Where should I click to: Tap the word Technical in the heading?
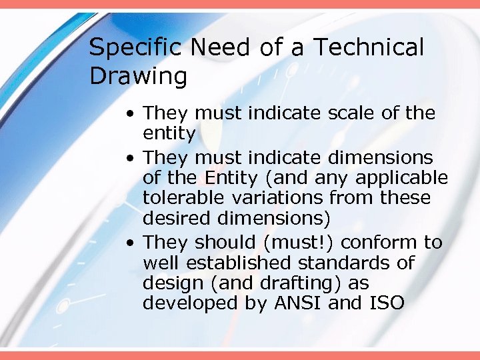[x=369, y=48]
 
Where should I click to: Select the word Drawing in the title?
[x=138, y=77]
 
